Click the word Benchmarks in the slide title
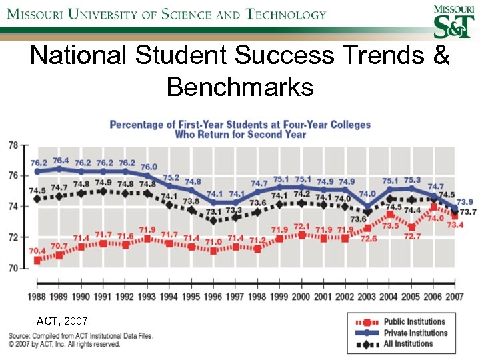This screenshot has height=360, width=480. tap(240, 87)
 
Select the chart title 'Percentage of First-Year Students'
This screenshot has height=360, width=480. tap(240, 125)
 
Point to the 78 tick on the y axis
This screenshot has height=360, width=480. tap(13, 145)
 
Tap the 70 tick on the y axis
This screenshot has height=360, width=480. tap(13, 268)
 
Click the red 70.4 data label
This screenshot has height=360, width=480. tap(37, 251)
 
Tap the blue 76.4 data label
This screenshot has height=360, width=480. tap(60, 161)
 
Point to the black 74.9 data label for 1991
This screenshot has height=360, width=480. tap(103, 183)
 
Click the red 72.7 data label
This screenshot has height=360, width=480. tap(411, 236)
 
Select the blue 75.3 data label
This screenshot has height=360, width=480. tap(412, 180)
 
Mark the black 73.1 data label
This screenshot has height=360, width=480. tap(213, 211)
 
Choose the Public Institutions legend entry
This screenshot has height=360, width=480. tap(414, 322)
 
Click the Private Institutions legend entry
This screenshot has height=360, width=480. tap(414, 333)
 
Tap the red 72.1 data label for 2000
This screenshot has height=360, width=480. tap(302, 227)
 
